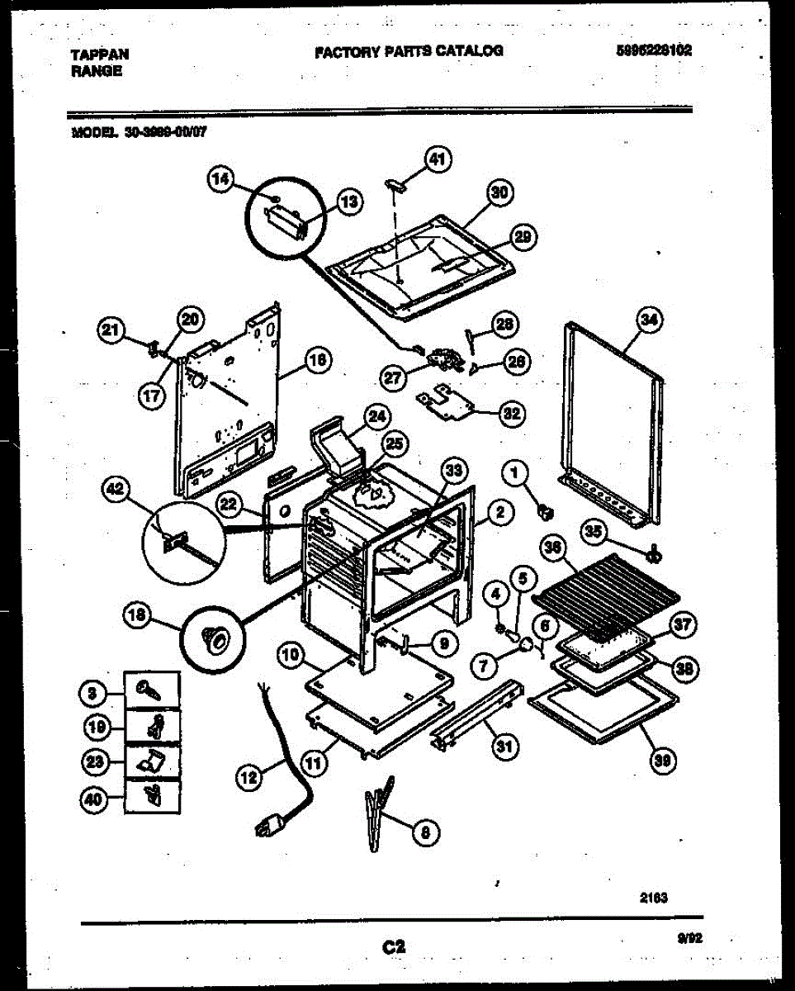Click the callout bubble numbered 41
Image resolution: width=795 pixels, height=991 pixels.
point(437,158)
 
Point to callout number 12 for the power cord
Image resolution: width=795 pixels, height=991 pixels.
point(248,775)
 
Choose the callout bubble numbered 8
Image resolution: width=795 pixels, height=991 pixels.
point(424,833)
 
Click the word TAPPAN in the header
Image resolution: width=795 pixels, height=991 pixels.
point(99,55)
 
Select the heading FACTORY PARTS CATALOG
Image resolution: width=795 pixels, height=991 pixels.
point(409,51)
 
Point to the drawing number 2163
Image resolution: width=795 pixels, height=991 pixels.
point(652,897)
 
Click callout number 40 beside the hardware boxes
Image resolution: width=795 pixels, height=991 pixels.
point(97,799)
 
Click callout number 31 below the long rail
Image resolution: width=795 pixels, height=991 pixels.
point(502,748)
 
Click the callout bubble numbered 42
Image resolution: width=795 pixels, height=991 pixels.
point(115,491)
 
